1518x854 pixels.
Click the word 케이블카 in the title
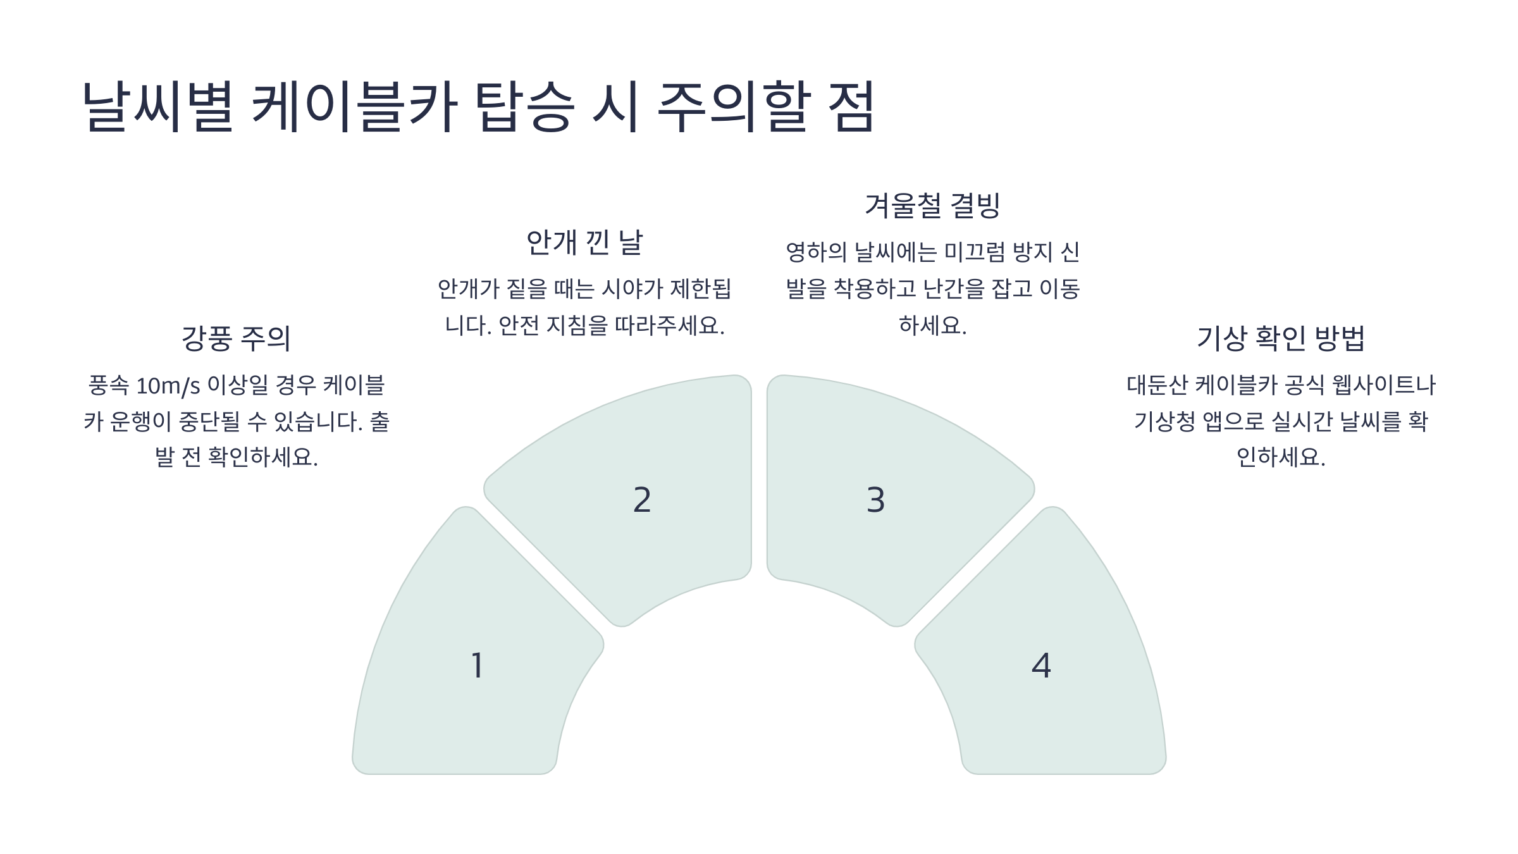(354, 106)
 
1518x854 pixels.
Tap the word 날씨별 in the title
(158, 106)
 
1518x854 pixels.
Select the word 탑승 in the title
(524, 106)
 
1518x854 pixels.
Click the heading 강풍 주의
(236, 338)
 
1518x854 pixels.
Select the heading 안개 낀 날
(584, 242)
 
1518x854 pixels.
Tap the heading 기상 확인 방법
(1281, 338)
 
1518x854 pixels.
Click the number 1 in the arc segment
(478, 665)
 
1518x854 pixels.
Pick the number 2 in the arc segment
(642, 500)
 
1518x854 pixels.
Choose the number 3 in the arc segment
(875, 500)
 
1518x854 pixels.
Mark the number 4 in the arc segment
(1041, 665)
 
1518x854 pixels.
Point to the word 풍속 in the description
(109, 385)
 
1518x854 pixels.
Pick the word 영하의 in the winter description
(816, 252)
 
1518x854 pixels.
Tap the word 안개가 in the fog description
(469, 289)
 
